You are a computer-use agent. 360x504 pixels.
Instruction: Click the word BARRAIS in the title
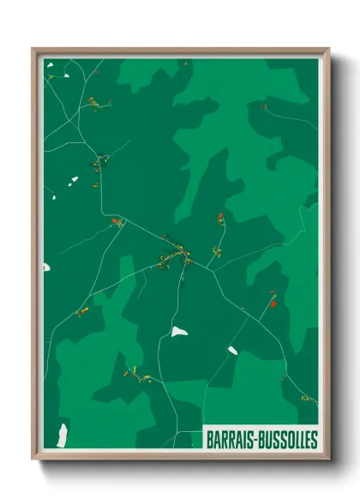click(230, 440)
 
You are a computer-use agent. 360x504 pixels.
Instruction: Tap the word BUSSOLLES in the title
click(285, 440)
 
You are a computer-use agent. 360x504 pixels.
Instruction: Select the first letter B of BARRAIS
click(209, 440)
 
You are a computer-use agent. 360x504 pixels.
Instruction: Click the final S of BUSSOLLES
click(314, 440)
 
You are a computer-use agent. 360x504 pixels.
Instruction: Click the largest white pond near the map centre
click(178, 331)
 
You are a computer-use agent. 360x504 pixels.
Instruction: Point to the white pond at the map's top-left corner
click(51, 63)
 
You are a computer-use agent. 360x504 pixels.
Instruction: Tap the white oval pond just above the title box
click(232, 350)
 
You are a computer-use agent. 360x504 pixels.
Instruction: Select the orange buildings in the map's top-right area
click(263, 107)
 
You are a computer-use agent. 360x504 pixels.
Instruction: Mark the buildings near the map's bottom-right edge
click(305, 398)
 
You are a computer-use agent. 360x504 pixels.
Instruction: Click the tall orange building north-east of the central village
click(220, 218)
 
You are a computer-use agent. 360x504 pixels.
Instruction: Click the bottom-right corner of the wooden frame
click(328, 457)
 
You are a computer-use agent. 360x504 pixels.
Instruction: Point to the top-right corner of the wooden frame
click(328, 50)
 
